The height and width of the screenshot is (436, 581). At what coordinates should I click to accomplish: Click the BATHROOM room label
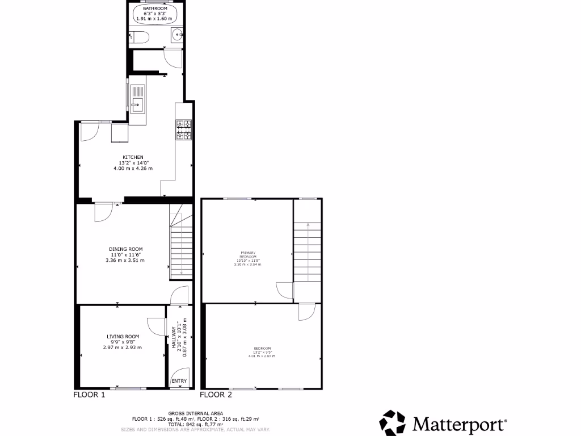(151, 9)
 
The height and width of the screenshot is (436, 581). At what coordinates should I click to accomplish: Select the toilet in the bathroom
(140, 38)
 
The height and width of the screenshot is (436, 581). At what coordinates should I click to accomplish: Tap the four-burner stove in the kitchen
(184, 129)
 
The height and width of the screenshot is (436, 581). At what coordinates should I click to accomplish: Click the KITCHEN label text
(133, 157)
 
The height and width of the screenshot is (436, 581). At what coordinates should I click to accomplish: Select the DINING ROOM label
(125, 249)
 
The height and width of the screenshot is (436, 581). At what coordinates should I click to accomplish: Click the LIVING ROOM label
(123, 336)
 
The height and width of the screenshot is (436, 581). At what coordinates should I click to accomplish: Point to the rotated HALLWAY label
(174, 337)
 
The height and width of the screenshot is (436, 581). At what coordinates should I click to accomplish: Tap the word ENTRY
(179, 381)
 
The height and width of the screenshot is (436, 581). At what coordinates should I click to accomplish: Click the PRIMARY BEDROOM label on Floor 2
(248, 254)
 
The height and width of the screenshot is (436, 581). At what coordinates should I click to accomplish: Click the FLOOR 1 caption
(90, 395)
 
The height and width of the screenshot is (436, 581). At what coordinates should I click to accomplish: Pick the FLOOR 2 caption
(216, 395)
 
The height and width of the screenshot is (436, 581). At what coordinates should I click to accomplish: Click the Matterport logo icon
(393, 423)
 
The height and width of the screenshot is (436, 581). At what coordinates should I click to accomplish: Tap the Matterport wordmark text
(459, 424)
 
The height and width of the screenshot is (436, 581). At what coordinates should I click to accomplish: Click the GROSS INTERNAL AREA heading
(196, 413)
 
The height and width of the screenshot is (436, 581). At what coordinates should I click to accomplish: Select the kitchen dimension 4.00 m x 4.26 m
(133, 169)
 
